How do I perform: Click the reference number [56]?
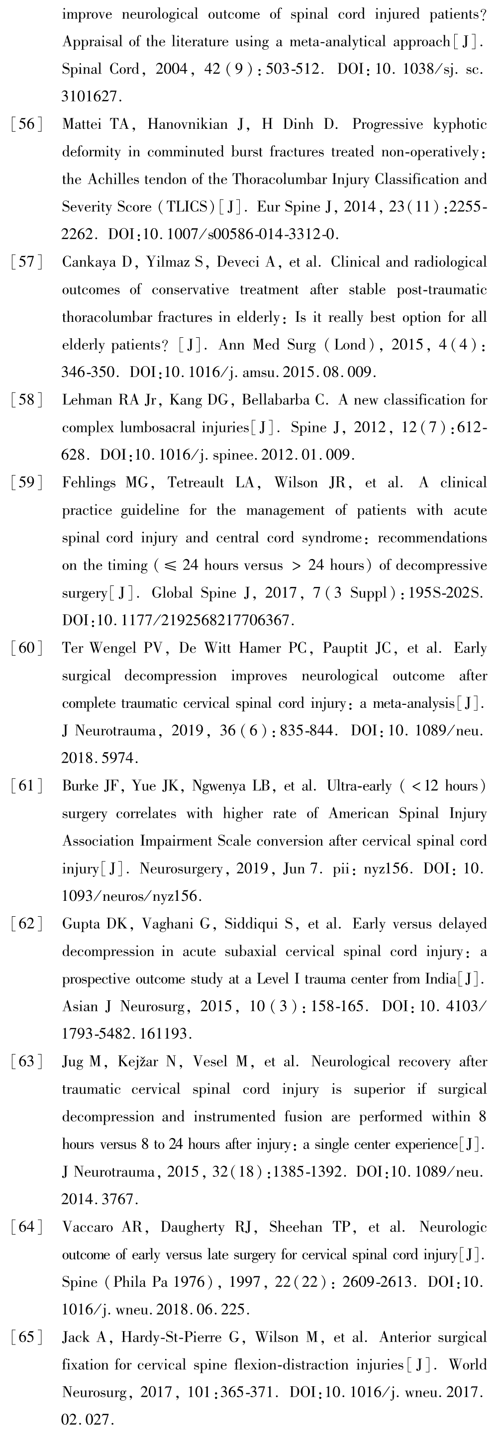[x=26, y=124]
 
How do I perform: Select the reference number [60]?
[x=26, y=648]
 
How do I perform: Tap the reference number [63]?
[x=26, y=1061]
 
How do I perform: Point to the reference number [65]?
[x=26, y=1337]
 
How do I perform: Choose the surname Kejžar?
[x=138, y=1061]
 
